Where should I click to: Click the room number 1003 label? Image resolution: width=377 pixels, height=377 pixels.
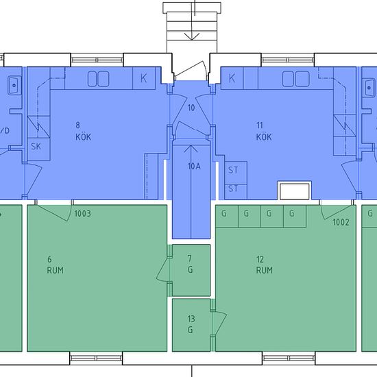[x=82, y=213]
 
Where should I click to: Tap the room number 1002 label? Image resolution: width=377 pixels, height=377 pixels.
[x=341, y=222]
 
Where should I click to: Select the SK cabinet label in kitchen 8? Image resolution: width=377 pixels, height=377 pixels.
[x=36, y=147]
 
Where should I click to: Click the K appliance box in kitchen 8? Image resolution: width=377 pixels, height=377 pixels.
[x=144, y=78]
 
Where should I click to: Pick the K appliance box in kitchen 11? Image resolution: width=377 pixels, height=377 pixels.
[x=232, y=78]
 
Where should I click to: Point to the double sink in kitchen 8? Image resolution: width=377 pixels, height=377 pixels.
[x=98, y=79]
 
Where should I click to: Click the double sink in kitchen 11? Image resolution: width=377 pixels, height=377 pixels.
[x=295, y=79]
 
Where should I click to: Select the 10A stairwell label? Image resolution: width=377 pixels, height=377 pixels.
[x=194, y=167]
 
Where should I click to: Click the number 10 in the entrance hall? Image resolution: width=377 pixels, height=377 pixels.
[x=191, y=108]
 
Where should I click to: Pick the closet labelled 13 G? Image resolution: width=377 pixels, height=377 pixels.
[x=191, y=325]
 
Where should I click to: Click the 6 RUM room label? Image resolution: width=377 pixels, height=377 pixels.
[x=55, y=265]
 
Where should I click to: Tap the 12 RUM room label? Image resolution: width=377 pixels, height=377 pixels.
[x=264, y=265]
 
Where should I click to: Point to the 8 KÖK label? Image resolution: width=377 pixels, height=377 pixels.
[x=83, y=131]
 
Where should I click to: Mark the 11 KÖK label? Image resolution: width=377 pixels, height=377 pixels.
[x=264, y=131]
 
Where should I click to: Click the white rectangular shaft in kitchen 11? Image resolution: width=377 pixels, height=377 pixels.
[x=295, y=191]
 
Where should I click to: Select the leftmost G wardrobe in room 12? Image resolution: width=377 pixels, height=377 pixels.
[x=227, y=216]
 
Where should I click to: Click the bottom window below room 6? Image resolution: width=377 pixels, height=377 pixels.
[x=96, y=358]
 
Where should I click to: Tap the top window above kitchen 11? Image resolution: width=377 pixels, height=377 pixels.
[x=288, y=60]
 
